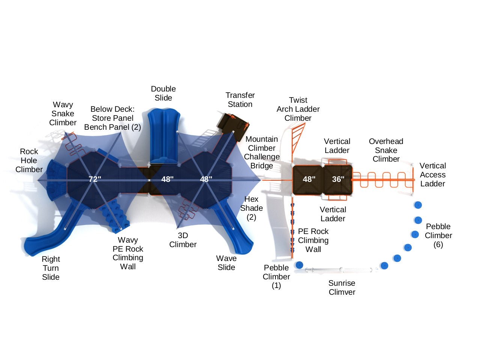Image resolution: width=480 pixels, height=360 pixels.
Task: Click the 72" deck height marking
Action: tap(95, 179)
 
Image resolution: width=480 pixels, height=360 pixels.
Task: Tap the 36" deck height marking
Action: tap(338, 179)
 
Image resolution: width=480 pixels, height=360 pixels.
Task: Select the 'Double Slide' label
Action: tap(163, 93)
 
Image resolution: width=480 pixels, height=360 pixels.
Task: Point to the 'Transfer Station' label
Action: tap(240, 100)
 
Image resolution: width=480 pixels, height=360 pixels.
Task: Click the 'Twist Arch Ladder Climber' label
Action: tap(298, 109)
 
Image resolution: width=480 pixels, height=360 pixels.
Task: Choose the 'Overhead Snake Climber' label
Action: tap(386, 150)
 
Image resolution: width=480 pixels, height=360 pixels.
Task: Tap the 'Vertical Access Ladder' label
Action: tap(433, 175)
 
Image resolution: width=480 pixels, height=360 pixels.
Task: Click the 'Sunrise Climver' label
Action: tap(342, 288)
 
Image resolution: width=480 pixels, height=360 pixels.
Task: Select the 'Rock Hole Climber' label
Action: tap(29, 160)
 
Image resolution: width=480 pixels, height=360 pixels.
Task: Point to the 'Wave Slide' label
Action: tap(226, 263)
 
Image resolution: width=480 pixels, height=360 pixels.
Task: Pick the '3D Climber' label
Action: tap(183, 240)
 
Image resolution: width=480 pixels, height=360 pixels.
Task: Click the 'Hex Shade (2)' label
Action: tap(251, 208)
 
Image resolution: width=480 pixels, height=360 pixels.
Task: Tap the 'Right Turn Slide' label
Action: tap(51, 268)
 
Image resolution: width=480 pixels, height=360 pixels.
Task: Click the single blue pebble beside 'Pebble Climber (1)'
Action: tap(299, 265)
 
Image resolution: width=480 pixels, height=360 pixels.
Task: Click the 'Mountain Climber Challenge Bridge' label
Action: tap(262, 152)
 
